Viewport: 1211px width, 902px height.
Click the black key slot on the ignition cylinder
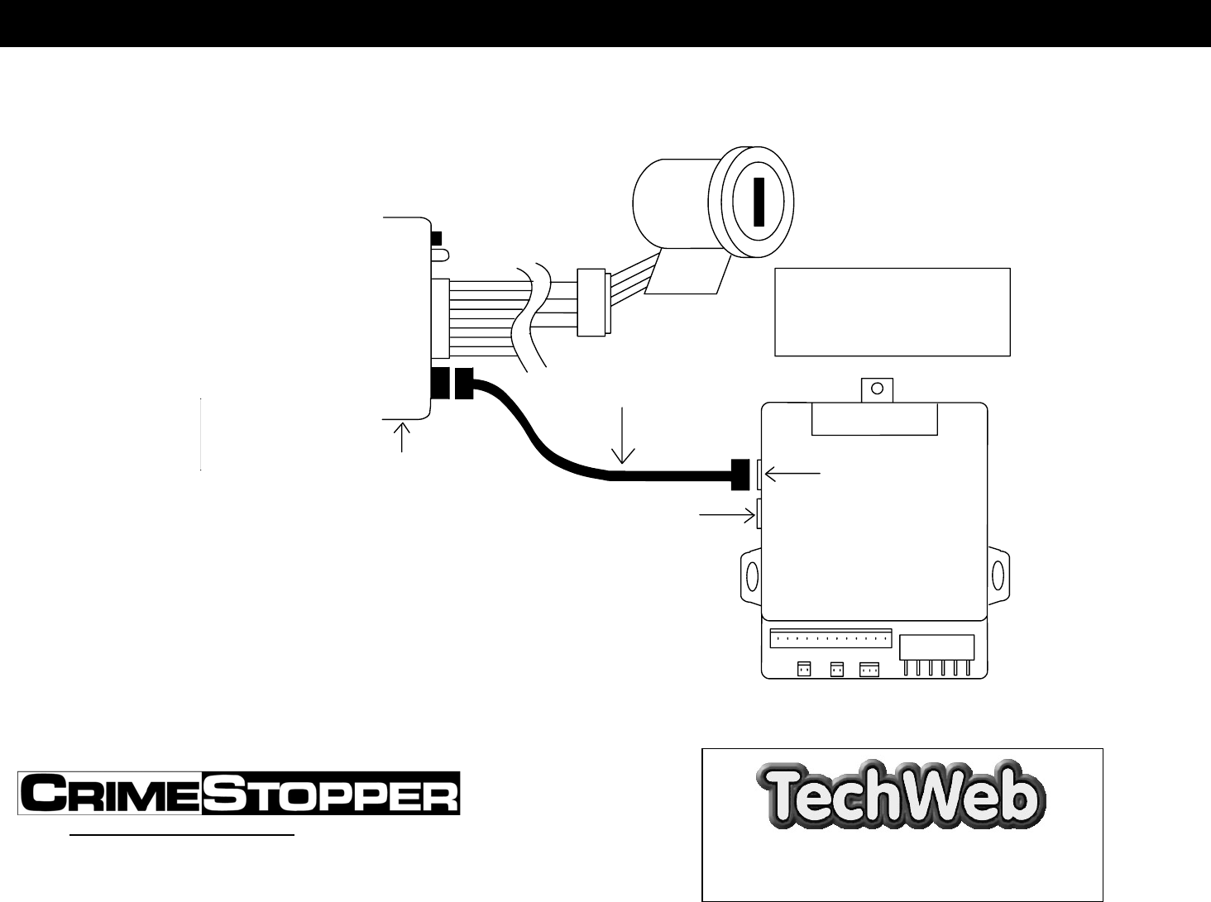[759, 202]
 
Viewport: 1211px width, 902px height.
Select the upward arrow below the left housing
[403, 437]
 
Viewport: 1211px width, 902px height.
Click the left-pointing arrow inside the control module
[793, 474]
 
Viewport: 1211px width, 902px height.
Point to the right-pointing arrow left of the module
[727, 515]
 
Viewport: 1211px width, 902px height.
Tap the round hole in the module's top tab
[878, 388]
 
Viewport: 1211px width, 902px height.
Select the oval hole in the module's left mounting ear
[752, 574]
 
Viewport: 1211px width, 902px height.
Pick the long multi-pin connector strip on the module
[830, 639]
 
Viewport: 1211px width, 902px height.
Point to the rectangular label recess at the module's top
[874, 418]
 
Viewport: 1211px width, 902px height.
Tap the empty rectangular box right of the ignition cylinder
[892, 312]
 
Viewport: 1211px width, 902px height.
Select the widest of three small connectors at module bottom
[869, 670]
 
